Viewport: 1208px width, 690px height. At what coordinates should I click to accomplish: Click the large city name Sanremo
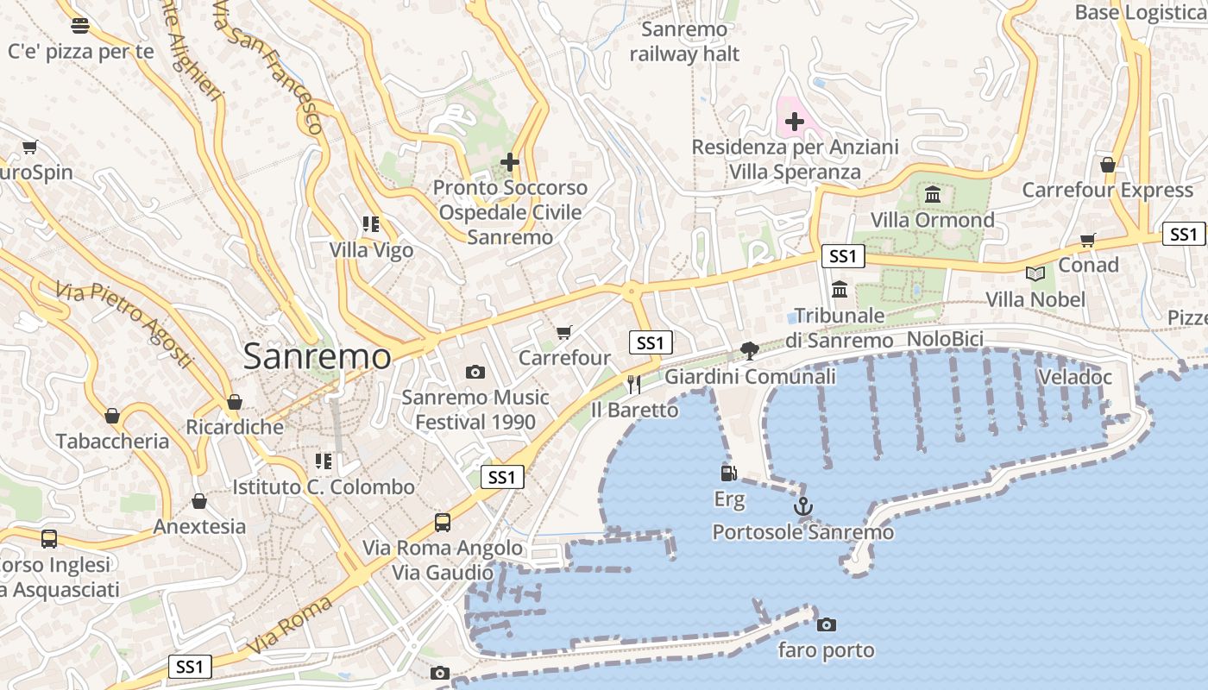(317, 356)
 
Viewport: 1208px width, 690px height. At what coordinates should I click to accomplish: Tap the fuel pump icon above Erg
(729, 473)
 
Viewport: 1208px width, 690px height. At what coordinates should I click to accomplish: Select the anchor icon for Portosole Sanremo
(803, 506)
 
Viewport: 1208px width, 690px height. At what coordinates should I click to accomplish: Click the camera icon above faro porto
(827, 624)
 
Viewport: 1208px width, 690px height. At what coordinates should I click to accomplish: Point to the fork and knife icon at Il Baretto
(634, 384)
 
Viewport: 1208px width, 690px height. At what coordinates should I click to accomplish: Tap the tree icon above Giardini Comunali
(750, 350)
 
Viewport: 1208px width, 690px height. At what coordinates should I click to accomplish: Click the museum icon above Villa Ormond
(933, 195)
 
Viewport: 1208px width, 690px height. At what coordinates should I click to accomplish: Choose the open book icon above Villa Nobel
(1035, 274)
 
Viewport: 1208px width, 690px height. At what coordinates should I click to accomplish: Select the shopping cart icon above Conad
(1088, 240)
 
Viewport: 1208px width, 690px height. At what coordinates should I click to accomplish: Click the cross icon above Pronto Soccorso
(510, 161)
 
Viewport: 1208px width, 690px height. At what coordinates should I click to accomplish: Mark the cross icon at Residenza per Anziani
(795, 122)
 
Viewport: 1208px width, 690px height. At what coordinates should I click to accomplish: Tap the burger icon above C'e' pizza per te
(80, 25)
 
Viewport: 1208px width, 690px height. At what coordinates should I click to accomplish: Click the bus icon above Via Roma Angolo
(443, 522)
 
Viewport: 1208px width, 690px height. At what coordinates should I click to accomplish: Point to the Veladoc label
(1075, 377)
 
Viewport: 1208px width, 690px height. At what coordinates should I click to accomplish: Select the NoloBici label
(945, 339)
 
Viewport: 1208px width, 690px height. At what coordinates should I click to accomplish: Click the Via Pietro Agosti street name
(125, 323)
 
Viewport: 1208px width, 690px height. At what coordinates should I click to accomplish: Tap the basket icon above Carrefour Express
(1108, 164)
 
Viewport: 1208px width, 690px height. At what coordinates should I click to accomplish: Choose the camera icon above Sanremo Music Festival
(475, 372)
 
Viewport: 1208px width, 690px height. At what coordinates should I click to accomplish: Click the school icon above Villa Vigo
(371, 224)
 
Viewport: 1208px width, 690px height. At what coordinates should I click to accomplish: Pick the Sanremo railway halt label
(684, 41)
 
